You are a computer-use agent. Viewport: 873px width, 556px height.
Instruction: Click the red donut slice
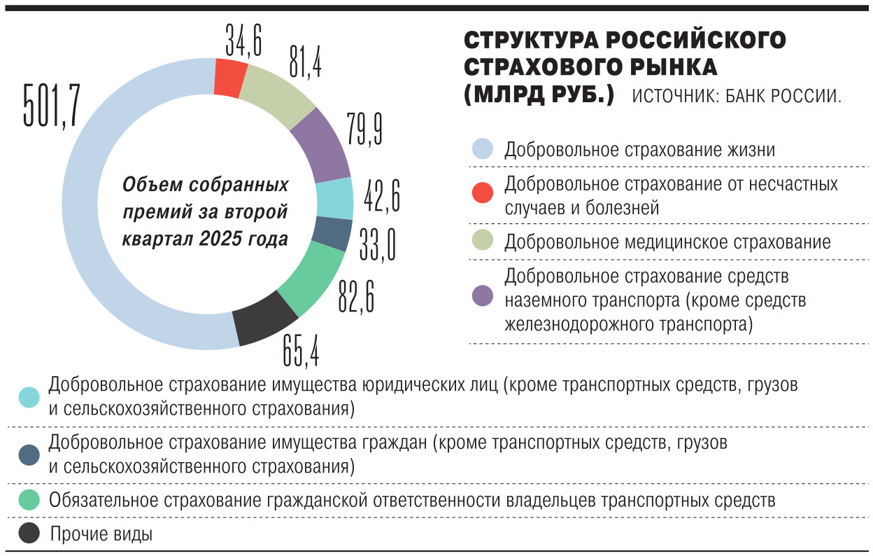[x=230, y=77]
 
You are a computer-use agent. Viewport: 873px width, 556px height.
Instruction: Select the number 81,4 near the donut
[x=305, y=60]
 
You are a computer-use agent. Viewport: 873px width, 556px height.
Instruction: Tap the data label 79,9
[x=364, y=127]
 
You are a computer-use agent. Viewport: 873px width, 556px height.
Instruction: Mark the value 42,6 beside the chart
[x=382, y=195]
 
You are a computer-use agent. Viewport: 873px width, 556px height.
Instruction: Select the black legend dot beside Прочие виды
[x=29, y=534]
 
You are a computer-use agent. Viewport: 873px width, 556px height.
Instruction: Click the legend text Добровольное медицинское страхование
[x=667, y=242]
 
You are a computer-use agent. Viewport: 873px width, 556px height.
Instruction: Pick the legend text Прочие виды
[x=101, y=535]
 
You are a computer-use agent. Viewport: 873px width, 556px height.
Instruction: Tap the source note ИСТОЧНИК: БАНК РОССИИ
[x=736, y=97]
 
